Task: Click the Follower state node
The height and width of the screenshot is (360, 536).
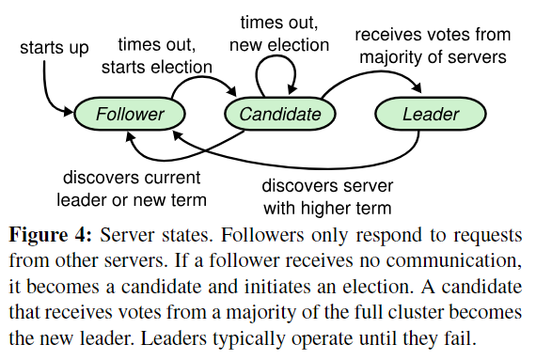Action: [x=130, y=114]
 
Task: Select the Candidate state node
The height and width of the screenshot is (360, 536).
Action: [x=280, y=114]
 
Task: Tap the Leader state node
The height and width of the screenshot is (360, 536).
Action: [x=431, y=114]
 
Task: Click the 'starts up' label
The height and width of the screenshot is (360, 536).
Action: [x=55, y=48]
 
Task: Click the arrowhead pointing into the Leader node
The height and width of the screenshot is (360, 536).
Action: [x=417, y=87]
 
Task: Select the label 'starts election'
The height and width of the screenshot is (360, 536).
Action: [x=156, y=67]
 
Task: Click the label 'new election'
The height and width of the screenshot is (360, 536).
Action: [x=279, y=45]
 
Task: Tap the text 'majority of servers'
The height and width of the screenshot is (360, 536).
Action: [x=433, y=56]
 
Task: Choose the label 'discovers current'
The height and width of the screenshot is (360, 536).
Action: [x=132, y=178]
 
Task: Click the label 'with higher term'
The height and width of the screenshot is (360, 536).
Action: [x=327, y=208]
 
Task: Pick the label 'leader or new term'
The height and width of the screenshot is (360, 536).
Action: [x=132, y=199]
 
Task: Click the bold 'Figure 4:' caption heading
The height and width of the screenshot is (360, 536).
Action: [x=50, y=235]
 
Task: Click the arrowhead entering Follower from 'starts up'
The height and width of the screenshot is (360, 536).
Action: [x=69, y=111]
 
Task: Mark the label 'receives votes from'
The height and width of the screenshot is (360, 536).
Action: [x=433, y=35]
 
